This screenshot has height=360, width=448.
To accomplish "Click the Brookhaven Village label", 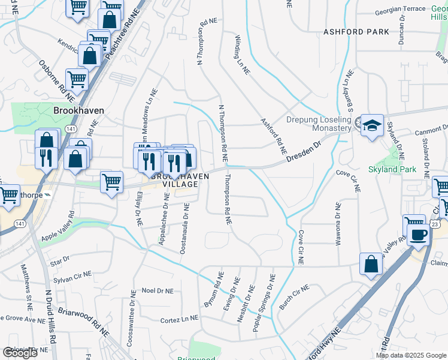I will click(174, 180).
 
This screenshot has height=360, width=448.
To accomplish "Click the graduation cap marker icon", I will click(372, 125).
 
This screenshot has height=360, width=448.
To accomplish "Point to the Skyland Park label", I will click(392, 170).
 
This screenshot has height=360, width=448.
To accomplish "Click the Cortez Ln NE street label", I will click(179, 321).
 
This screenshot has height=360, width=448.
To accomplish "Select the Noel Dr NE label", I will click(157, 290).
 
